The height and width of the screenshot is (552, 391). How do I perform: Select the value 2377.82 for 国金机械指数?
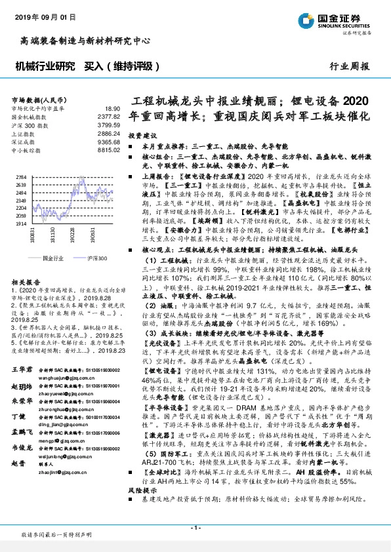point(109,115)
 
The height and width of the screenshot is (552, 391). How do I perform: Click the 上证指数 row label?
point(26,132)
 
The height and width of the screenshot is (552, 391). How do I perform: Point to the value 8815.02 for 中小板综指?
point(109,149)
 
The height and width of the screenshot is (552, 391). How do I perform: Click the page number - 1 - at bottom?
point(195,528)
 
